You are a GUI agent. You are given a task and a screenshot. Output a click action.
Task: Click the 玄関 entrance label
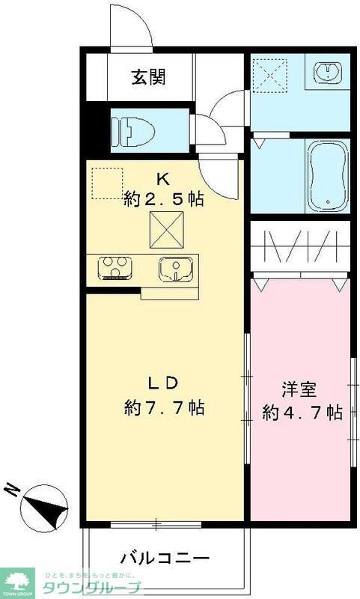(149, 76)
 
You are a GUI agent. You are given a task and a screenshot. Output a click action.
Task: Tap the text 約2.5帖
(163, 200)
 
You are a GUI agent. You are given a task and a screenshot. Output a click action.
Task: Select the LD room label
(162, 383)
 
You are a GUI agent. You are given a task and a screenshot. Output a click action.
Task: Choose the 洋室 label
(299, 389)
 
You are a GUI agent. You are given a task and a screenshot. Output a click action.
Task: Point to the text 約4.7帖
(302, 413)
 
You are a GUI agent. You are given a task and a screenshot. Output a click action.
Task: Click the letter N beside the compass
(13, 489)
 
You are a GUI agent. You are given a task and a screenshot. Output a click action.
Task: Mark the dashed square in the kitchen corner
(106, 183)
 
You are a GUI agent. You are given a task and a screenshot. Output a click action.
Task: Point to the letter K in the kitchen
(162, 178)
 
